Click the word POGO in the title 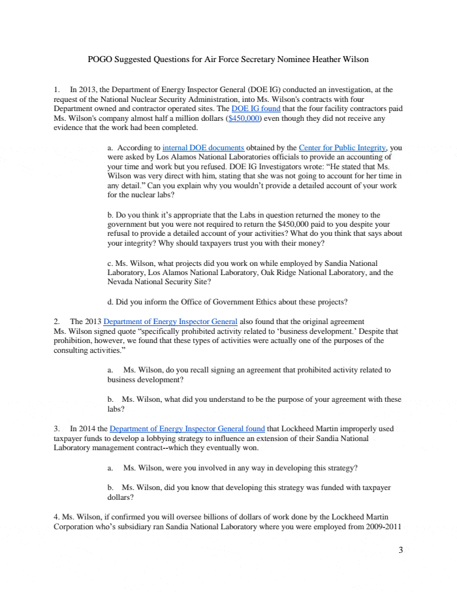point(100,59)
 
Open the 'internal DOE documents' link point(203,148)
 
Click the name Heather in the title point(319,59)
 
